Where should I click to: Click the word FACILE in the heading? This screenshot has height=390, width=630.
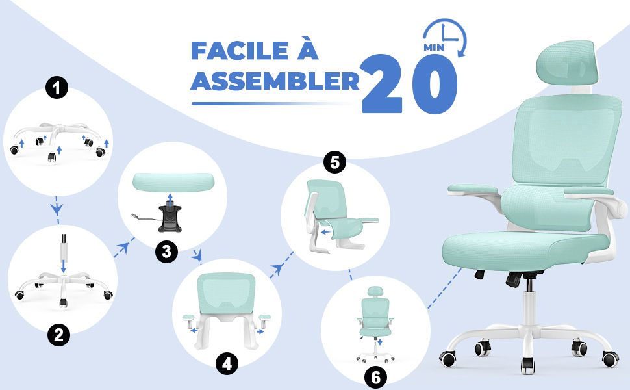(240, 51)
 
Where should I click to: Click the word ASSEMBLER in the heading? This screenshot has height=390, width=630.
(275, 81)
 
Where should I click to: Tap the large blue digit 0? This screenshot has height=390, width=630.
(435, 84)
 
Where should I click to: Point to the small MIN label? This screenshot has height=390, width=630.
(434, 47)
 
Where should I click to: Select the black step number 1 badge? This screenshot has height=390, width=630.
(57, 87)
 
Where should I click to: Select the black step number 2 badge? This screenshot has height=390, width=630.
(58, 335)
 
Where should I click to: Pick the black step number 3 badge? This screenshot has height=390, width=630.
(167, 252)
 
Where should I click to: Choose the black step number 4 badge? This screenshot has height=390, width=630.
(227, 364)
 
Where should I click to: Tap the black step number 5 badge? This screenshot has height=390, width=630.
(334, 162)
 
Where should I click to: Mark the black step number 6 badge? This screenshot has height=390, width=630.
(375, 378)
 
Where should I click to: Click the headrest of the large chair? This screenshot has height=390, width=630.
(566, 62)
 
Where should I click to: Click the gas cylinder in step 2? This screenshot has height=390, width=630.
(63, 253)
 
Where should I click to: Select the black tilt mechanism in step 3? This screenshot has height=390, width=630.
(170, 218)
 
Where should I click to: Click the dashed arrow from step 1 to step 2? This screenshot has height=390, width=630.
(57, 210)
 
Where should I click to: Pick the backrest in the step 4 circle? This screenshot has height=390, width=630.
(226, 294)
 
